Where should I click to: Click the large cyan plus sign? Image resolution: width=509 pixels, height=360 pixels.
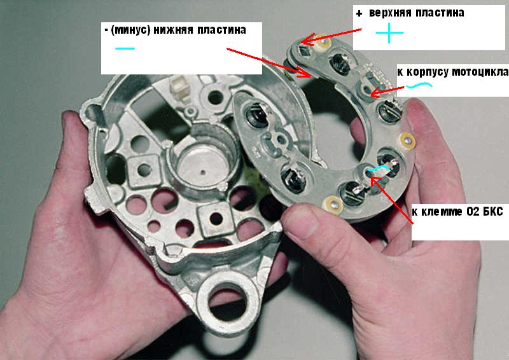pyautogui.click(x=389, y=33)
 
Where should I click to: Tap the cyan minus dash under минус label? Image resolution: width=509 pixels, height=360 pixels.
pyautogui.click(x=125, y=49)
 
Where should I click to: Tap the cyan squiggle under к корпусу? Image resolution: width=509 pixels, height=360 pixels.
pyautogui.click(x=419, y=85)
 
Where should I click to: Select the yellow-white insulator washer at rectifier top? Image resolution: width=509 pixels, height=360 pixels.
pyautogui.click(x=323, y=42)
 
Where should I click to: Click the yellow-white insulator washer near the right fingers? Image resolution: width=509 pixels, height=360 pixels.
pyautogui.click(x=407, y=141)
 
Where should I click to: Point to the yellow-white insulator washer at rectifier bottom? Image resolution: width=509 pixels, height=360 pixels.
pyautogui.click(x=333, y=205)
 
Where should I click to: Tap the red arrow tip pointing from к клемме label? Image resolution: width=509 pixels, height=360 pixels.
pyautogui.click(x=371, y=177)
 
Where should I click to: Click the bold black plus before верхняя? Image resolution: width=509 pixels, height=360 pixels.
pyautogui.click(x=359, y=13)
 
